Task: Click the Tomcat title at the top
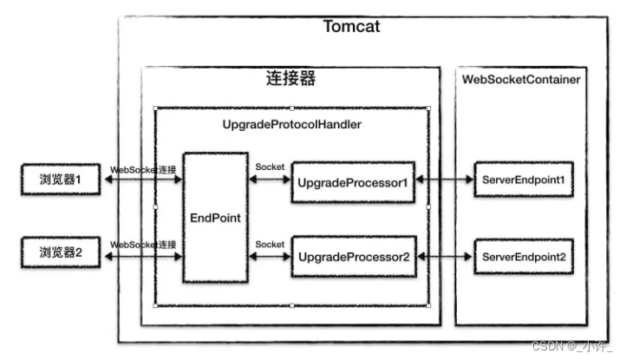(351, 27)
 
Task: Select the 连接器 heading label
(290, 79)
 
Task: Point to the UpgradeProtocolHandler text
(291, 125)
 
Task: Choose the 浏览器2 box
(61, 253)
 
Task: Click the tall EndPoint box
(215, 218)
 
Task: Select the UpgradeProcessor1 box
(354, 182)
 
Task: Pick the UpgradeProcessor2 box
(354, 258)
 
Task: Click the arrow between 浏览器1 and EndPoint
(143, 180)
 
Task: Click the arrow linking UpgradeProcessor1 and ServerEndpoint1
(443, 180)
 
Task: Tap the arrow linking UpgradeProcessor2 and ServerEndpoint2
(443, 258)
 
